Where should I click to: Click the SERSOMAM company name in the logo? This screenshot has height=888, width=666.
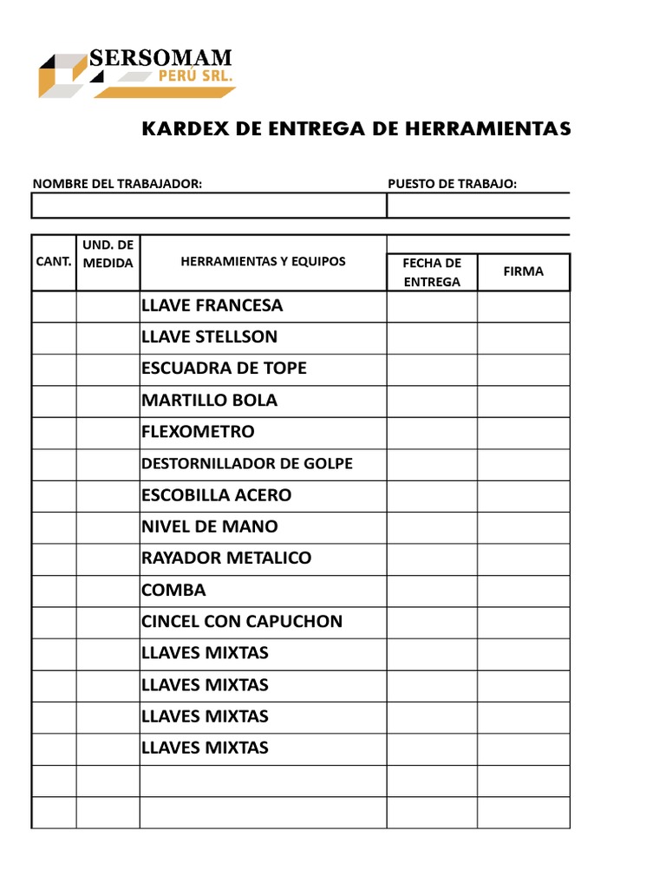click(x=160, y=59)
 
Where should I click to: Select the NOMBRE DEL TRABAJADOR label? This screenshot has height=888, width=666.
click(x=117, y=183)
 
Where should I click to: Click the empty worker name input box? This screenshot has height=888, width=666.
click(x=208, y=206)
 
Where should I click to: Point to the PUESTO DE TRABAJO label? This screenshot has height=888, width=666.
click(x=452, y=183)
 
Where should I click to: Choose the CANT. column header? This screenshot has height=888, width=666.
click(x=54, y=261)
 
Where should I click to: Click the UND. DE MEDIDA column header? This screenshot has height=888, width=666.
click(x=108, y=253)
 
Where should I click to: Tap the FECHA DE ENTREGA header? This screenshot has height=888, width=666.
click(x=432, y=271)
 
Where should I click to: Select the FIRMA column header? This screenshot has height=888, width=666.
click(x=523, y=271)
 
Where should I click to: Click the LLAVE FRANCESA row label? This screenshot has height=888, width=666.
click(x=212, y=305)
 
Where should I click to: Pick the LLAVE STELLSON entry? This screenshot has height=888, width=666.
click(x=209, y=336)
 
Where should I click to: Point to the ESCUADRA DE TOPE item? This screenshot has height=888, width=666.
click(x=224, y=368)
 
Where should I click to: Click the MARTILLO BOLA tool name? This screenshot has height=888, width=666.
click(x=209, y=400)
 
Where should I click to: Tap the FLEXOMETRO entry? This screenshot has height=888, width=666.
click(x=198, y=431)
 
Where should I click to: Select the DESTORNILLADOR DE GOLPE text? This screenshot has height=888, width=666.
click(x=246, y=463)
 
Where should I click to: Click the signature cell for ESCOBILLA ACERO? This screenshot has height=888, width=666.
click(x=523, y=495)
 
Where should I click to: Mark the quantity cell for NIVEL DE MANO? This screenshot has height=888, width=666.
click(x=54, y=526)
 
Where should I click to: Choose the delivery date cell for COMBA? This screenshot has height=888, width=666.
click(x=432, y=590)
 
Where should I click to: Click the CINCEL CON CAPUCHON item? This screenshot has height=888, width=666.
click(x=241, y=621)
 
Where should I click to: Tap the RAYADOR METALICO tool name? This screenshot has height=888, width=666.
click(x=225, y=558)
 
